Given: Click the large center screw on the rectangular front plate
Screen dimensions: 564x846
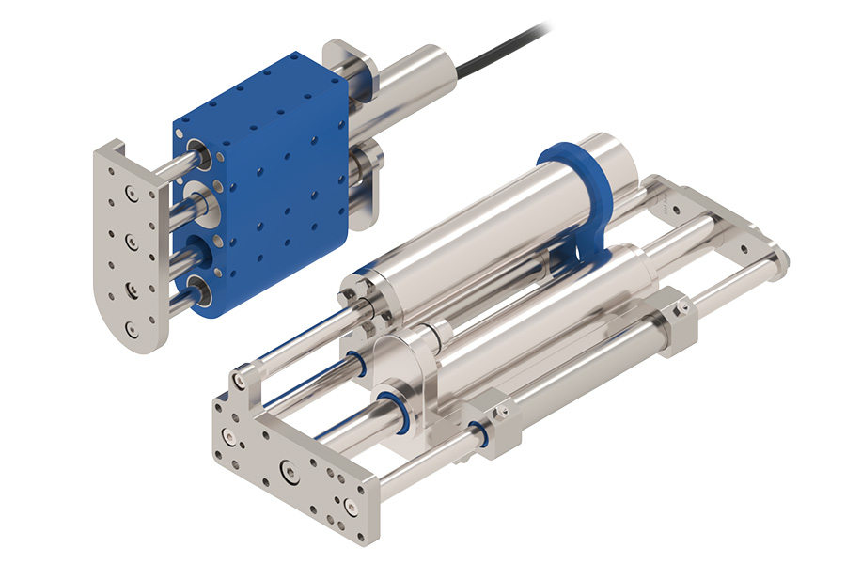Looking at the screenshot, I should (x=287, y=468).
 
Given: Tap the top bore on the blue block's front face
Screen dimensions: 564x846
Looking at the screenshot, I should (x=198, y=151).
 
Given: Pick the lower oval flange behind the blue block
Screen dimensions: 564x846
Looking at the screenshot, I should (x=368, y=167).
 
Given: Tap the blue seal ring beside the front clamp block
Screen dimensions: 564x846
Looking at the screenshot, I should (x=478, y=433).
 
